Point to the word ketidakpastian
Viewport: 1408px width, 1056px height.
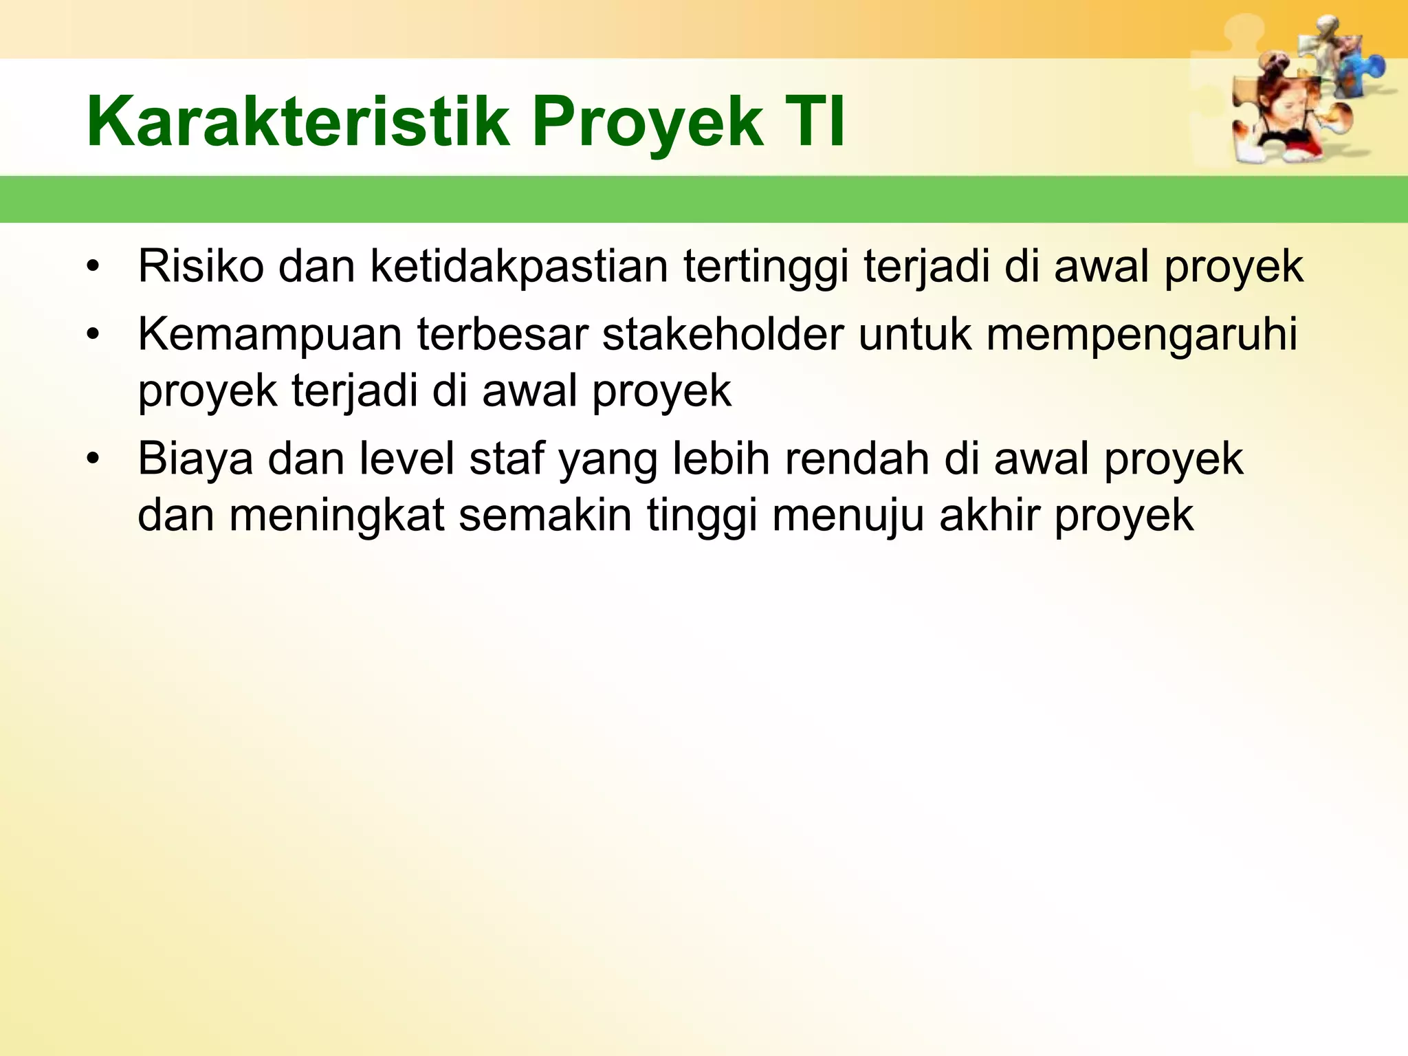(x=519, y=267)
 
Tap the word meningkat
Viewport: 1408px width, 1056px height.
(x=336, y=516)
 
